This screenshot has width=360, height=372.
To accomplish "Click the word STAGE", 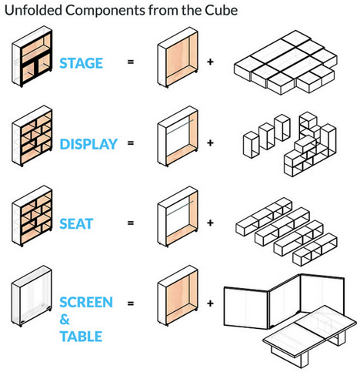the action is [x=81, y=63].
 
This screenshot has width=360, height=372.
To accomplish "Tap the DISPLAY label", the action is [x=88, y=144].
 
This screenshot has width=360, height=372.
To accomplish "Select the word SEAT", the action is [x=76, y=224].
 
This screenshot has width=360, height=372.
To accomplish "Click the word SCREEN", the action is [x=86, y=302].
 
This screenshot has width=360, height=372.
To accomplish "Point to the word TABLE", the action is [x=81, y=337].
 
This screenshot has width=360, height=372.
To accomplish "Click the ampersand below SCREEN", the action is [x=65, y=320].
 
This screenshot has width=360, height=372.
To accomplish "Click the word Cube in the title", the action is [x=221, y=10].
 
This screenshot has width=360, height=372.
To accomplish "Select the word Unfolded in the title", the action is [x=33, y=10].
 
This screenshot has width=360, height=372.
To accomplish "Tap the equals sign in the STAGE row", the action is [x=131, y=62].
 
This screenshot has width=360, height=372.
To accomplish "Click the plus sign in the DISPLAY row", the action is [x=210, y=142].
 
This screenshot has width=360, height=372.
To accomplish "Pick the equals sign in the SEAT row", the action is [x=131, y=223].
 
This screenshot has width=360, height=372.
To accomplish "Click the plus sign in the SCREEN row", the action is [x=210, y=303].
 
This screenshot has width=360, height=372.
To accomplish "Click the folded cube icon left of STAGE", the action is [x=32, y=56].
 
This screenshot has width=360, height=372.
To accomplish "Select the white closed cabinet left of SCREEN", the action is [x=32, y=296].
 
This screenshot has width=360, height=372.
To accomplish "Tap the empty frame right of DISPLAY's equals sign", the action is [x=178, y=136].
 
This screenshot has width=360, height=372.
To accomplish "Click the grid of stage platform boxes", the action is [x=285, y=63].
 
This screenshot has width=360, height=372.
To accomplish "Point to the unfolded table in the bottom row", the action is [x=310, y=333].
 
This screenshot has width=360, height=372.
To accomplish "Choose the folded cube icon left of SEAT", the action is [x=32, y=216].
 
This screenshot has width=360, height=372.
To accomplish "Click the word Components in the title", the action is [x=105, y=11].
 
